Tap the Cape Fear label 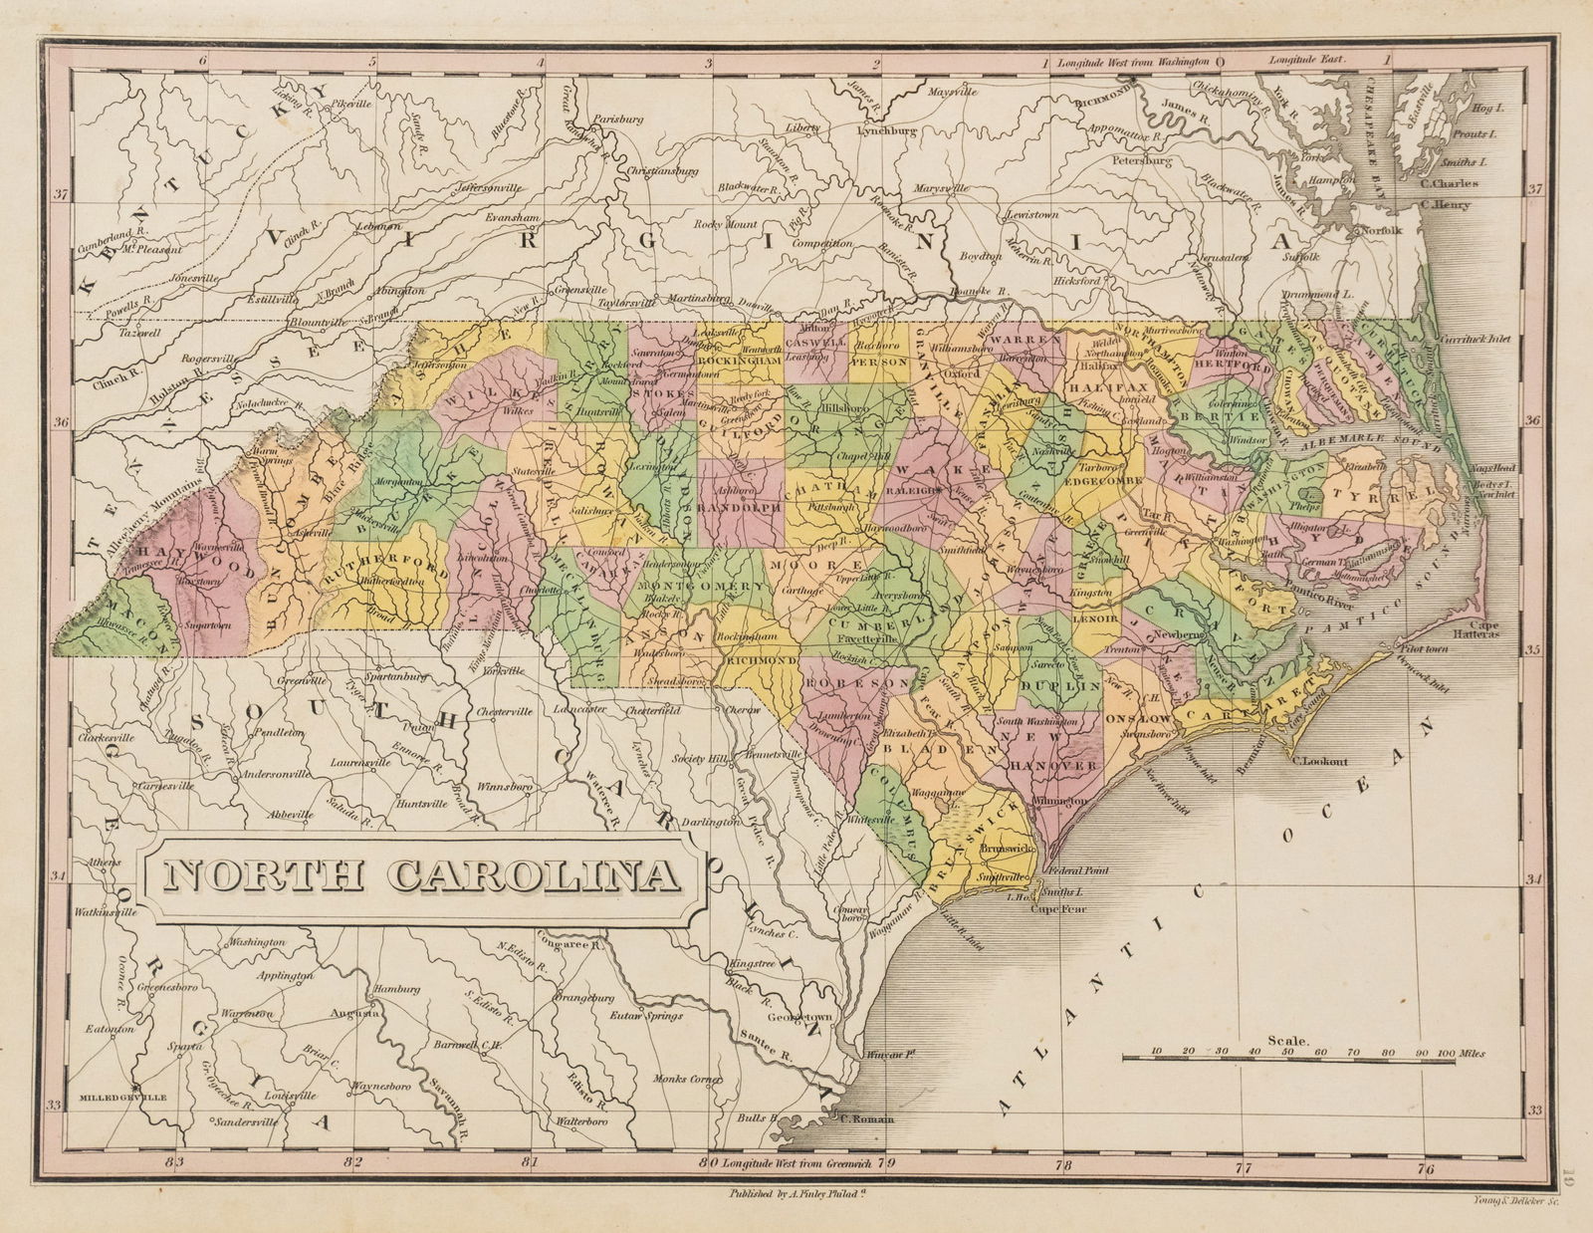click(1056, 908)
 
